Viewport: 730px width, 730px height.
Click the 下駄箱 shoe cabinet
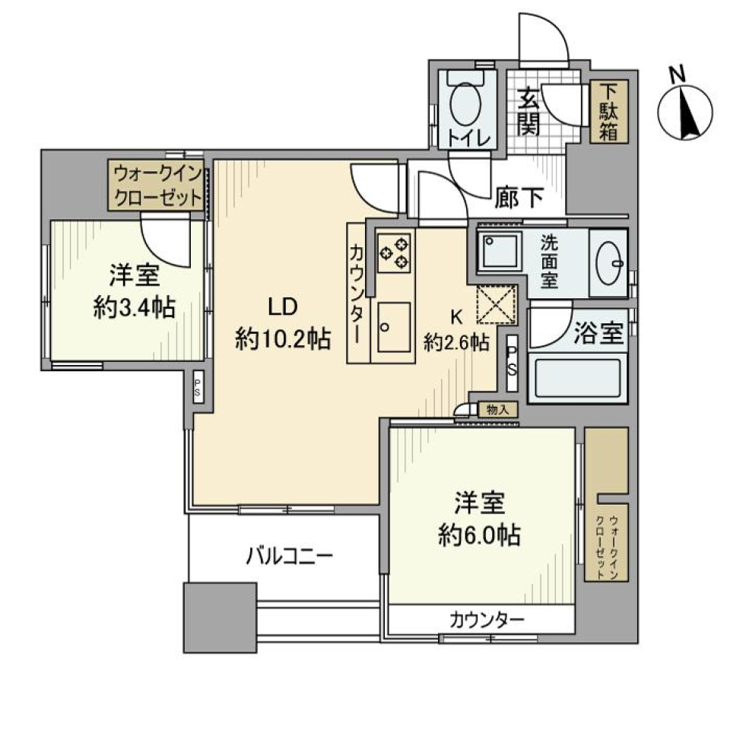610,111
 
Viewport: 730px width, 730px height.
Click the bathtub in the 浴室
577,378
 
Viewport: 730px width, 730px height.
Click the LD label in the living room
281,307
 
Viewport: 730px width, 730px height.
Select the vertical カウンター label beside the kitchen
357,294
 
